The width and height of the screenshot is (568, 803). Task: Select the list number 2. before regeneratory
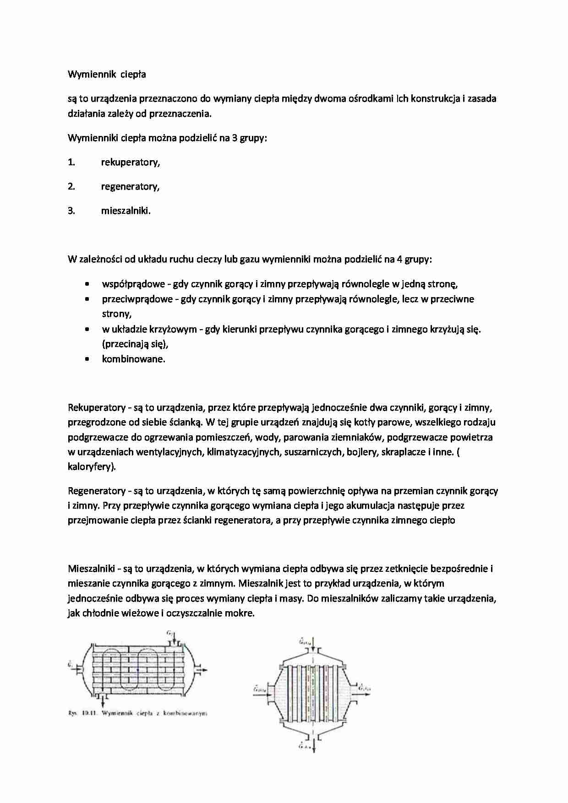tap(71, 186)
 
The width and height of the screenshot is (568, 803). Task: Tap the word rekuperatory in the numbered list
tap(131, 162)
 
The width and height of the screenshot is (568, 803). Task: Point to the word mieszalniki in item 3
tap(126, 211)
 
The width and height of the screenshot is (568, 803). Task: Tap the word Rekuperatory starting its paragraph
tap(97, 407)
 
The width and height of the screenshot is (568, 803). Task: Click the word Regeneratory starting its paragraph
tap(97, 491)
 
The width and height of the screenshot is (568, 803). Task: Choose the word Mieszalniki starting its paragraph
tap(92, 569)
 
